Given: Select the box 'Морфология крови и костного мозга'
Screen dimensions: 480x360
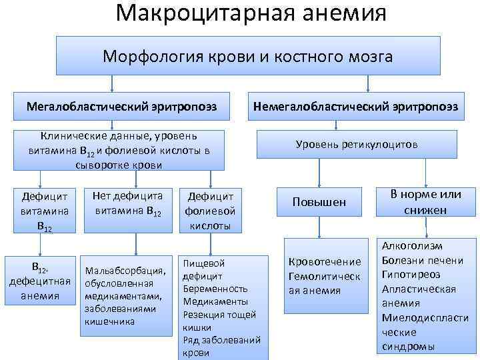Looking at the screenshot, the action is pos(247,56).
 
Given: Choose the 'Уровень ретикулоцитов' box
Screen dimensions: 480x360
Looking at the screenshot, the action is pos(357,143).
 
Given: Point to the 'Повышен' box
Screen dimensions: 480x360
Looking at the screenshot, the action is pos(319,201).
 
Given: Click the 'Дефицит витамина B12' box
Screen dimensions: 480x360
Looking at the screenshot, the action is pos(41,209).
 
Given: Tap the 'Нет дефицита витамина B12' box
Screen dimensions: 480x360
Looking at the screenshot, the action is pos(129,201).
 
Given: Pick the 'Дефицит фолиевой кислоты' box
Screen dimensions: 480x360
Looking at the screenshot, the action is pos(210,210).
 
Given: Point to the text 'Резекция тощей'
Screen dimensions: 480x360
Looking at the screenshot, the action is pos(219,315).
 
